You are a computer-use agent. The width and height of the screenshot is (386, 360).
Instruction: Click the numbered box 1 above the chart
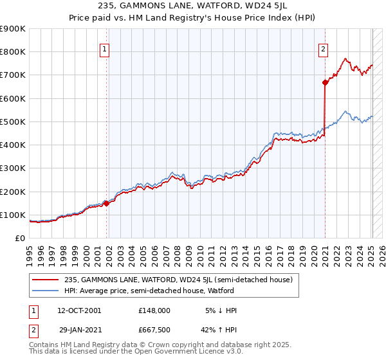pyautogui.click(x=104, y=48)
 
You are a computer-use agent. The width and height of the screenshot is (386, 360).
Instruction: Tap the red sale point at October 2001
pyautogui.click(x=106, y=203)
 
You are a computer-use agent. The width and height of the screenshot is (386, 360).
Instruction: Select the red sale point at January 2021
pyautogui.click(x=325, y=82)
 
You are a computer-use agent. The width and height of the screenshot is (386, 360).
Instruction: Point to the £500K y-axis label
pyautogui.click(x=13, y=122)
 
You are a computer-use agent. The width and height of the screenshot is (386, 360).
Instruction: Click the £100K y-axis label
pyautogui.click(x=13, y=215)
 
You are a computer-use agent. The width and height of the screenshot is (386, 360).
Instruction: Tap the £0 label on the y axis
pyautogui.click(x=20, y=238)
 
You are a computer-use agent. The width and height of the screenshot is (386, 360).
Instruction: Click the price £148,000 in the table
pyautogui.click(x=154, y=310)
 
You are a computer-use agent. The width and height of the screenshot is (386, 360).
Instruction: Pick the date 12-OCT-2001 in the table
pyautogui.click(x=79, y=310)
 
